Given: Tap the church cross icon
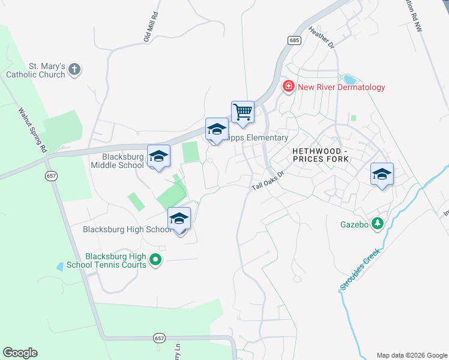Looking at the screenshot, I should pos(74,70).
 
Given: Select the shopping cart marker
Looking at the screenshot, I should pos(243,112).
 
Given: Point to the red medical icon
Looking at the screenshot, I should pos(289,88).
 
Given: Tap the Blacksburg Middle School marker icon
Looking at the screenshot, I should pos(158,157).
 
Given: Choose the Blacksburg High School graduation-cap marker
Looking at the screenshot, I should pos(179,220).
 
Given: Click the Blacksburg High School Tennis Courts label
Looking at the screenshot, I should pos(116,260).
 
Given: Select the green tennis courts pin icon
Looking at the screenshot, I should pos(155,260).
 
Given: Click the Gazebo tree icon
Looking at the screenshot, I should pos(377,224).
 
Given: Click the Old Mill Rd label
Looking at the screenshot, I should pos(150,27).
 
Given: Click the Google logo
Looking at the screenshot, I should pos(20,353).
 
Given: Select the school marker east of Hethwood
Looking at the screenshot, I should pos(382,175).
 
